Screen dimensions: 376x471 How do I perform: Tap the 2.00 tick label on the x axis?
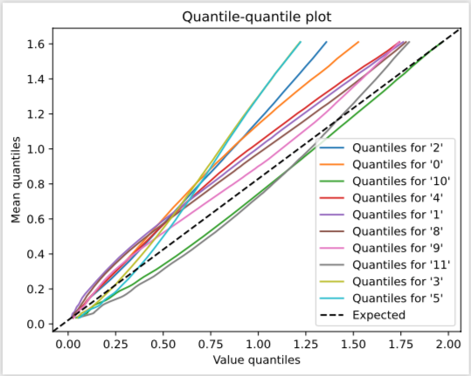pos(448,345)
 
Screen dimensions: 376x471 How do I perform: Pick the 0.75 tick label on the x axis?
pos(211,345)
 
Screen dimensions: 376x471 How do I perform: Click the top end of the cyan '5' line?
pos(301,41)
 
